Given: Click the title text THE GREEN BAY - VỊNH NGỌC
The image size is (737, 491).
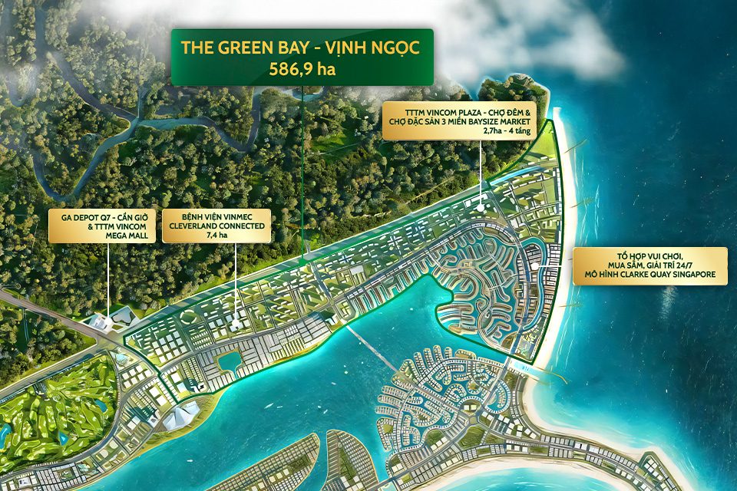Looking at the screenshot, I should [302, 48].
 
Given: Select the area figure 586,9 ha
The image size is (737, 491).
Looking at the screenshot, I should [302, 68].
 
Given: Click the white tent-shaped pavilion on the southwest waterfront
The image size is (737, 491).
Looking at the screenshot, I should [181, 415].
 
